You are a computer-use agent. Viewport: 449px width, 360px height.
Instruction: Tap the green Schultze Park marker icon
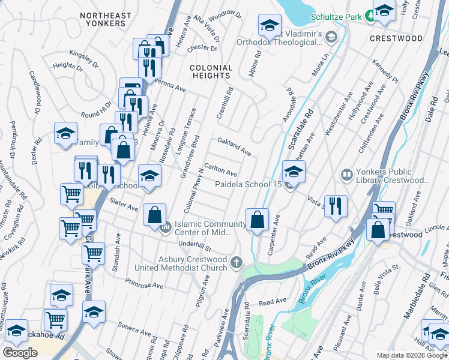(x=371, y=17)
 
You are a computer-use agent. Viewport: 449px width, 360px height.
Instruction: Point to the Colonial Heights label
(x=211, y=72)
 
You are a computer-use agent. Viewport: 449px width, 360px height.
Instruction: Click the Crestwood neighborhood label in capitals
(x=396, y=38)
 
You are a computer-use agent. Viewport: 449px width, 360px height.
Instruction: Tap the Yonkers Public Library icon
(x=346, y=175)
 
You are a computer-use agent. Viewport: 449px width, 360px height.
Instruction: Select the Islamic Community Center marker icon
(x=166, y=227)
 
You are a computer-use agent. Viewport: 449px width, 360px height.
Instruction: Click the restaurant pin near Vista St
(x=336, y=205)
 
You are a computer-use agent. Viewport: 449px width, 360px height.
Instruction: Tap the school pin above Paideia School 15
(x=294, y=172)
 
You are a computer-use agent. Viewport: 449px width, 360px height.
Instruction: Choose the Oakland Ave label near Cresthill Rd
(x=234, y=146)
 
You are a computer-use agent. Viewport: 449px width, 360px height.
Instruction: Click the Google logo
(x=20, y=353)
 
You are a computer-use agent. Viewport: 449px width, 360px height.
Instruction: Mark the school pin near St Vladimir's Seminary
(x=270, y=25)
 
